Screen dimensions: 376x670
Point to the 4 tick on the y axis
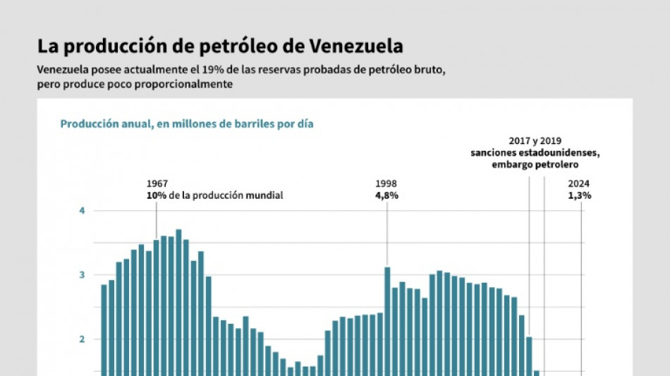pyautogui.click(x=82, y=211)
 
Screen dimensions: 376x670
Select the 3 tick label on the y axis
pyautogui.click(x=82, y=275)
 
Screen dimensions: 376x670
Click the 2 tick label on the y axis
pyautogui.click(x=82, y=339)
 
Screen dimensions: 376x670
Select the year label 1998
pyautogui.click(x=386, y=183)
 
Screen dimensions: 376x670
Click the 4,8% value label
pyautogui.click(x=386, y=195)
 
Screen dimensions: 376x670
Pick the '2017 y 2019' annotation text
pyautogui.click(x=535, y=141)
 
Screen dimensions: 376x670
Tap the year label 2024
pyautogui.click(x=580, y=183)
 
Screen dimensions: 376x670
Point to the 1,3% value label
pyautogui.click(x=580, y=195)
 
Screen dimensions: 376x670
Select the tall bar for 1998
pyautogui.click(x=387, y=317)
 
